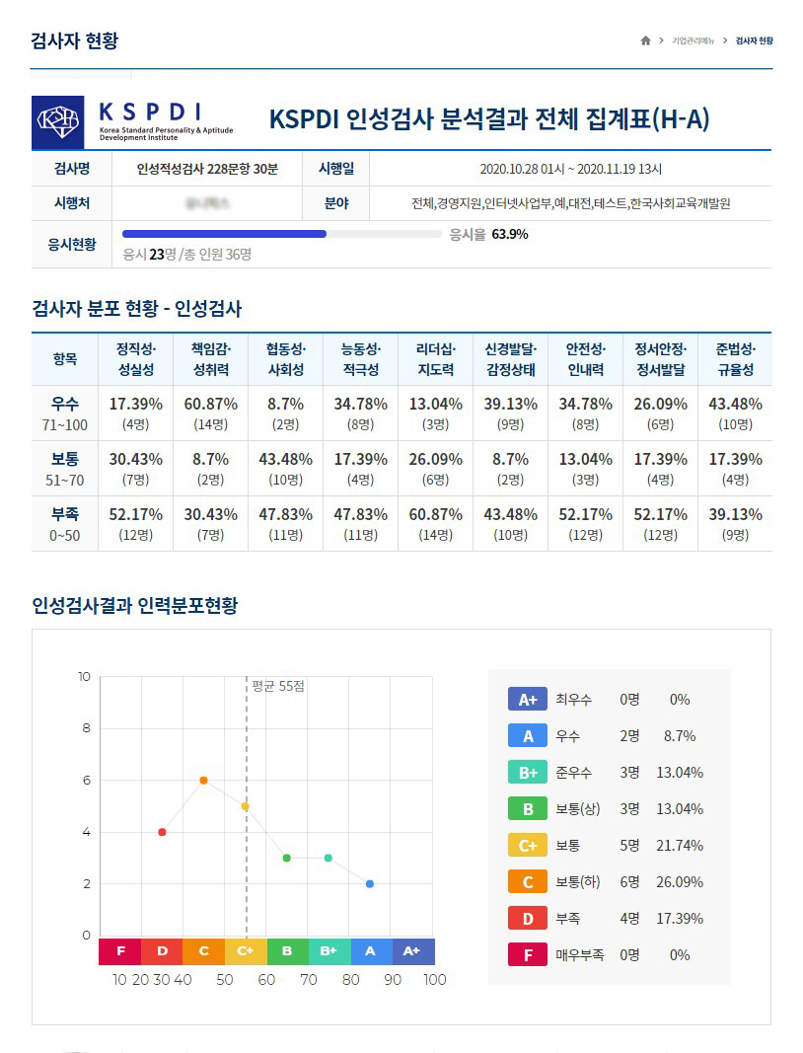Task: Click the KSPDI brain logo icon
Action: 57,122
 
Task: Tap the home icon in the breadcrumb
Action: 645,40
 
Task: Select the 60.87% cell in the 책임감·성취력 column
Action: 210,404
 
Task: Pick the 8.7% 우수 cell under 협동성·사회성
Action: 285,404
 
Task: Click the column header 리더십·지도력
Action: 435,359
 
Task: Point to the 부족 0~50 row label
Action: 65,523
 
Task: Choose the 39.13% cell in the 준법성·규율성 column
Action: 735,514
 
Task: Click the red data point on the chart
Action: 162,832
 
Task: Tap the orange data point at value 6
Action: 203,780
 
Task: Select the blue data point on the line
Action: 370,883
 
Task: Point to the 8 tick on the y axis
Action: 86,728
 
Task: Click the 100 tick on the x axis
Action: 434,980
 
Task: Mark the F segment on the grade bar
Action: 120,951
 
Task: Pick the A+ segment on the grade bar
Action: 413,951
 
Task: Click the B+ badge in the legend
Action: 527,773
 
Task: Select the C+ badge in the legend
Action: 527,846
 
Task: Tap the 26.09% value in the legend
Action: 680,882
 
